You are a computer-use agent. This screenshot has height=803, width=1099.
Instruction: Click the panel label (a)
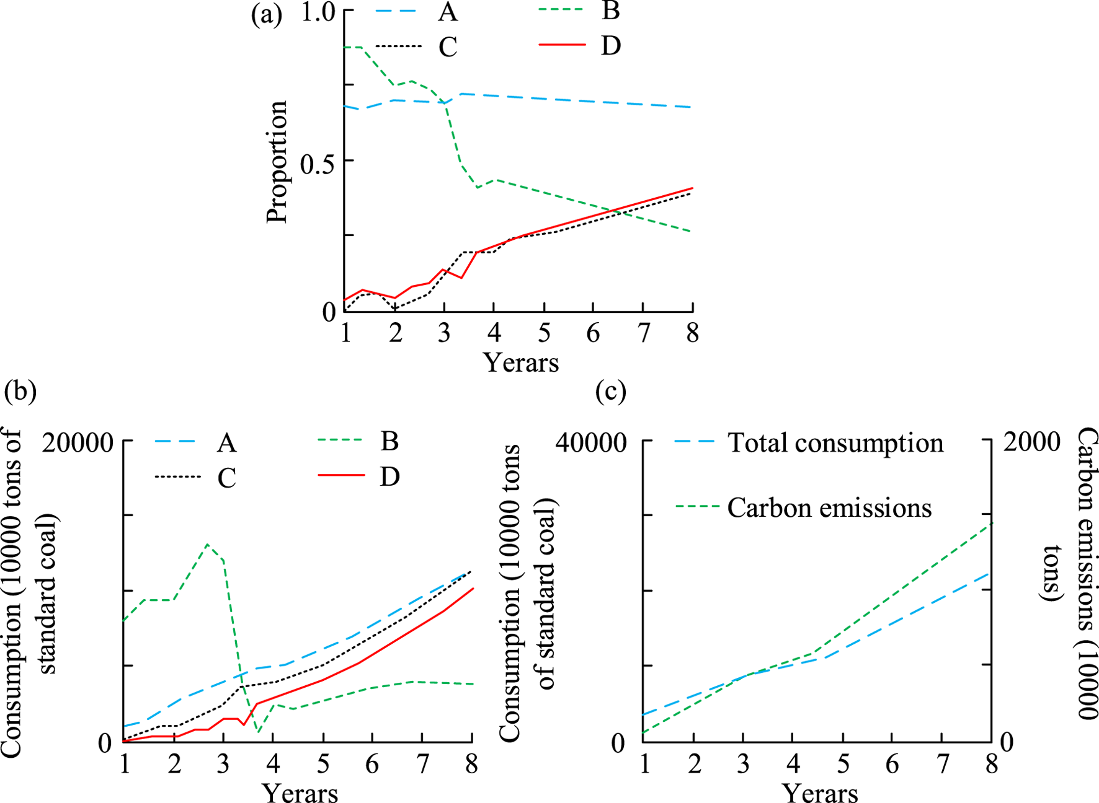click(266, 14)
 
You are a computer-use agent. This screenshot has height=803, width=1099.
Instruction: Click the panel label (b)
click(20, 391)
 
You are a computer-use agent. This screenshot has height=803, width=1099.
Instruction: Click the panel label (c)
click(610, 391)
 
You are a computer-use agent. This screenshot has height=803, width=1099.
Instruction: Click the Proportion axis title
click(277, 162)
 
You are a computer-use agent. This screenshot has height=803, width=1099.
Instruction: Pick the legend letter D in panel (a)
click(610, 46)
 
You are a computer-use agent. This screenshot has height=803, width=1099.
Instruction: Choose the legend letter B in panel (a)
click(610, 11)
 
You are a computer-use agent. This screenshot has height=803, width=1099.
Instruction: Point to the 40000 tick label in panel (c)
click(590, 444)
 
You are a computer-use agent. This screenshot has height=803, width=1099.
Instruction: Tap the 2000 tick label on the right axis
click(1031, 442)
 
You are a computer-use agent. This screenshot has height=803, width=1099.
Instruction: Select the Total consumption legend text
click(835, 444)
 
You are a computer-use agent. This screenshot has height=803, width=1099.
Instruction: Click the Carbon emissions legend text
click(829, 508)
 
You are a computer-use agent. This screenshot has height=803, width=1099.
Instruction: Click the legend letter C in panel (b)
click(226, 478)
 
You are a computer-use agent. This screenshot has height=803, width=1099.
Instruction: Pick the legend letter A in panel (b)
click(226, 444)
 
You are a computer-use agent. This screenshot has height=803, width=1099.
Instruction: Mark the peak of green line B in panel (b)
click(207, 544)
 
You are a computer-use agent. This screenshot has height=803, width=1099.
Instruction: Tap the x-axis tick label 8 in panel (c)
click(992, 765)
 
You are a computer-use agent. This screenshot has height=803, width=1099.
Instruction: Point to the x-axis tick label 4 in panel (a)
click(494, 333)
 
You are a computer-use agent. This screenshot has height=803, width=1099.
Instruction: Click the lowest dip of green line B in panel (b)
click(259, 733)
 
